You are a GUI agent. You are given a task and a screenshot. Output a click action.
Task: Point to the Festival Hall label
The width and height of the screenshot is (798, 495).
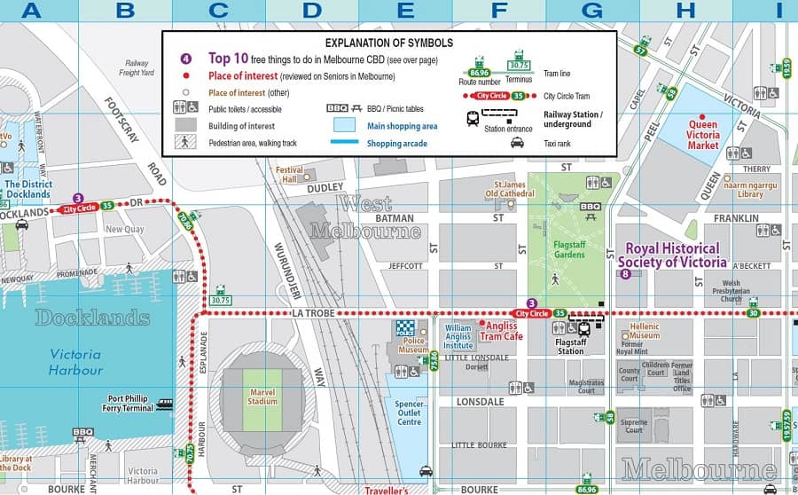tap(289, 174)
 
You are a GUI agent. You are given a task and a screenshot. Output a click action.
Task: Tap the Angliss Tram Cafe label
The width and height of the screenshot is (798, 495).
tap(502, 331)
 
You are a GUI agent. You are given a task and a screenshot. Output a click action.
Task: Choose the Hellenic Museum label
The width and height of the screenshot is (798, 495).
tap(645, 332)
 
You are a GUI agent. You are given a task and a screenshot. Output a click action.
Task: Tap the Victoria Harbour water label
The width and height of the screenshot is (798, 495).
tap(75, 362)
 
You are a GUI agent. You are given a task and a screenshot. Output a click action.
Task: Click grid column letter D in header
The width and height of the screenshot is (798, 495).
tap(311, 12)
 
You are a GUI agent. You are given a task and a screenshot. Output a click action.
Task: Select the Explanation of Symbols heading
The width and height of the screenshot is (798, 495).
tap(389, 43)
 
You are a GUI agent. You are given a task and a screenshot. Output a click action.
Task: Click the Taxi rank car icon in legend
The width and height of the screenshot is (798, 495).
tap(516, 141)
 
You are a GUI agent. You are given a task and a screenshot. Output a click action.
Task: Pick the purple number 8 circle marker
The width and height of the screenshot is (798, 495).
tap(626, 274)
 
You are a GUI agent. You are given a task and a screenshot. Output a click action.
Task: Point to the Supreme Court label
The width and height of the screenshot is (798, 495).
tap(634, 425)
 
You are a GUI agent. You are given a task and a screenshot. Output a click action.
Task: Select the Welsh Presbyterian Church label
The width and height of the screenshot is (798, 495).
tap(719, 292)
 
